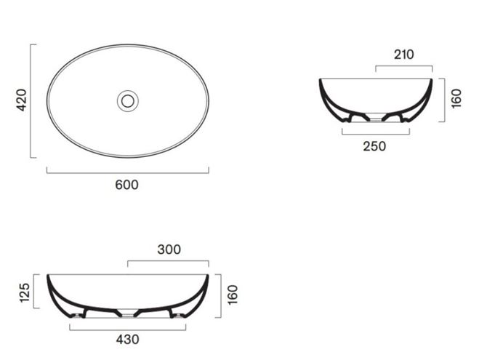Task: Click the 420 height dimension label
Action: (22, 100)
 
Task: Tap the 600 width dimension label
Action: (126, 185)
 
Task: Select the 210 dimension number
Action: (404, 55)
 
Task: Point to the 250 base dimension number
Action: (374, 146)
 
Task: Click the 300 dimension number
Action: (169, 249)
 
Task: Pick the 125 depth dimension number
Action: (25, 293)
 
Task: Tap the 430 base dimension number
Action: (128, 340)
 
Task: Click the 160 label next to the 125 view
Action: (233, 295)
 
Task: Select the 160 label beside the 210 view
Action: (456, 98)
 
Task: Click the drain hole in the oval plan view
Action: (128, 101)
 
